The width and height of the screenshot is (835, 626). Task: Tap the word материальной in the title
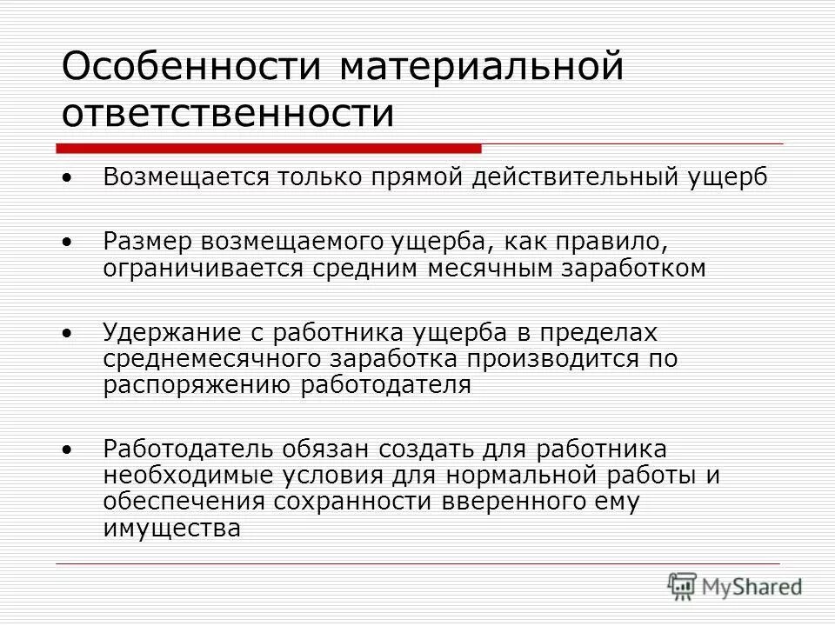coord(482,67)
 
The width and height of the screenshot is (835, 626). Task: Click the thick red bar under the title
coord(269,148)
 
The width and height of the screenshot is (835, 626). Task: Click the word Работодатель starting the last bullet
coord(187,450)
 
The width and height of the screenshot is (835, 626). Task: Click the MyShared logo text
coord(753,588)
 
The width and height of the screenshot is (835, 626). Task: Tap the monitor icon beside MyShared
coord(683,587)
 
